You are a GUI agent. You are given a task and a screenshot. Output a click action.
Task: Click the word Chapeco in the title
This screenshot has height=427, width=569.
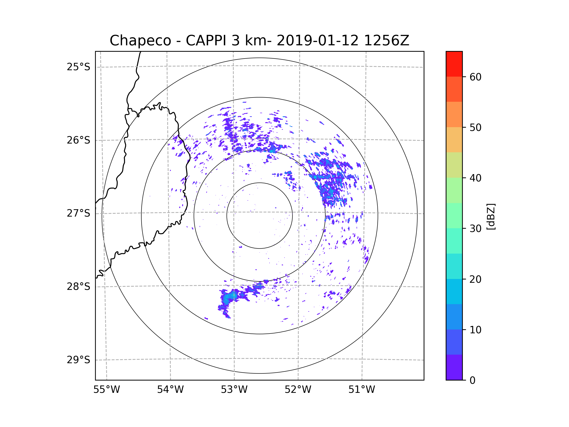click(140, 41)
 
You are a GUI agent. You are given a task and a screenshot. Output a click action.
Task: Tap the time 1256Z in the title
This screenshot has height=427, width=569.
click(386, 41)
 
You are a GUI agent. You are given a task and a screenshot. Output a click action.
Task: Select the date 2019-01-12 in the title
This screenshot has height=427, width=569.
click(317, 41)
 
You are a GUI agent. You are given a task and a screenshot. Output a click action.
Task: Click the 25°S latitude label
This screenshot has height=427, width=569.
click(78, 67)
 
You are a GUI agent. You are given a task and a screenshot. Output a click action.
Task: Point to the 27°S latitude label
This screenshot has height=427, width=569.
click(78, 213)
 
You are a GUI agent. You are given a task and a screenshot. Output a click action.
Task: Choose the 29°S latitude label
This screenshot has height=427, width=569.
click(78, 360)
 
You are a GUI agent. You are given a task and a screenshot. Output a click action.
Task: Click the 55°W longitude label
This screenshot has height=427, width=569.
click(106, 390)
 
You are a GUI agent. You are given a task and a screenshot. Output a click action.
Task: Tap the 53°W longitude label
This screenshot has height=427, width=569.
click(234, 390)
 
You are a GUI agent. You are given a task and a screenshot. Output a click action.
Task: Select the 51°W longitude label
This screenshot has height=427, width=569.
click(362, 390)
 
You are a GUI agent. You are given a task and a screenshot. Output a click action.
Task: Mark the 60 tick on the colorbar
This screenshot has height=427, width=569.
click(475, 77)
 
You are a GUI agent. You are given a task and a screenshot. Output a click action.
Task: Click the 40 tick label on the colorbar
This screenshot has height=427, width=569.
click(475, 178)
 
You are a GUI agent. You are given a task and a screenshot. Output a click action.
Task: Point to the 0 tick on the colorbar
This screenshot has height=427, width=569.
click(473, 380)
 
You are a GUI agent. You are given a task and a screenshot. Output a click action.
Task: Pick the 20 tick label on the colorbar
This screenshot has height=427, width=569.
click(475, 279)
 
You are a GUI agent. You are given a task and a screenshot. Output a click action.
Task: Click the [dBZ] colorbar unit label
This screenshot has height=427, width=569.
click(491, 216)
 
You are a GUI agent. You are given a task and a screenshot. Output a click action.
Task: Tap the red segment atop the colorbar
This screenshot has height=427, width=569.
click(454, 64)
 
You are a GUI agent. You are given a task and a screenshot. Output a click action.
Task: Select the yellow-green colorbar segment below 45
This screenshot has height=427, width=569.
click(454, 165)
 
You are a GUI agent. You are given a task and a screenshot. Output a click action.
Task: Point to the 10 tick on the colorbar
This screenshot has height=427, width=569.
click(475, 330)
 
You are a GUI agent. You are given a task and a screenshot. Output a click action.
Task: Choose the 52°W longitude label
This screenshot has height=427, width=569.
click(298, 390)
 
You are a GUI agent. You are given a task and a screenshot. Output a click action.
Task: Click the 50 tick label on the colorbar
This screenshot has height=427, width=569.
click(475, 127)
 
